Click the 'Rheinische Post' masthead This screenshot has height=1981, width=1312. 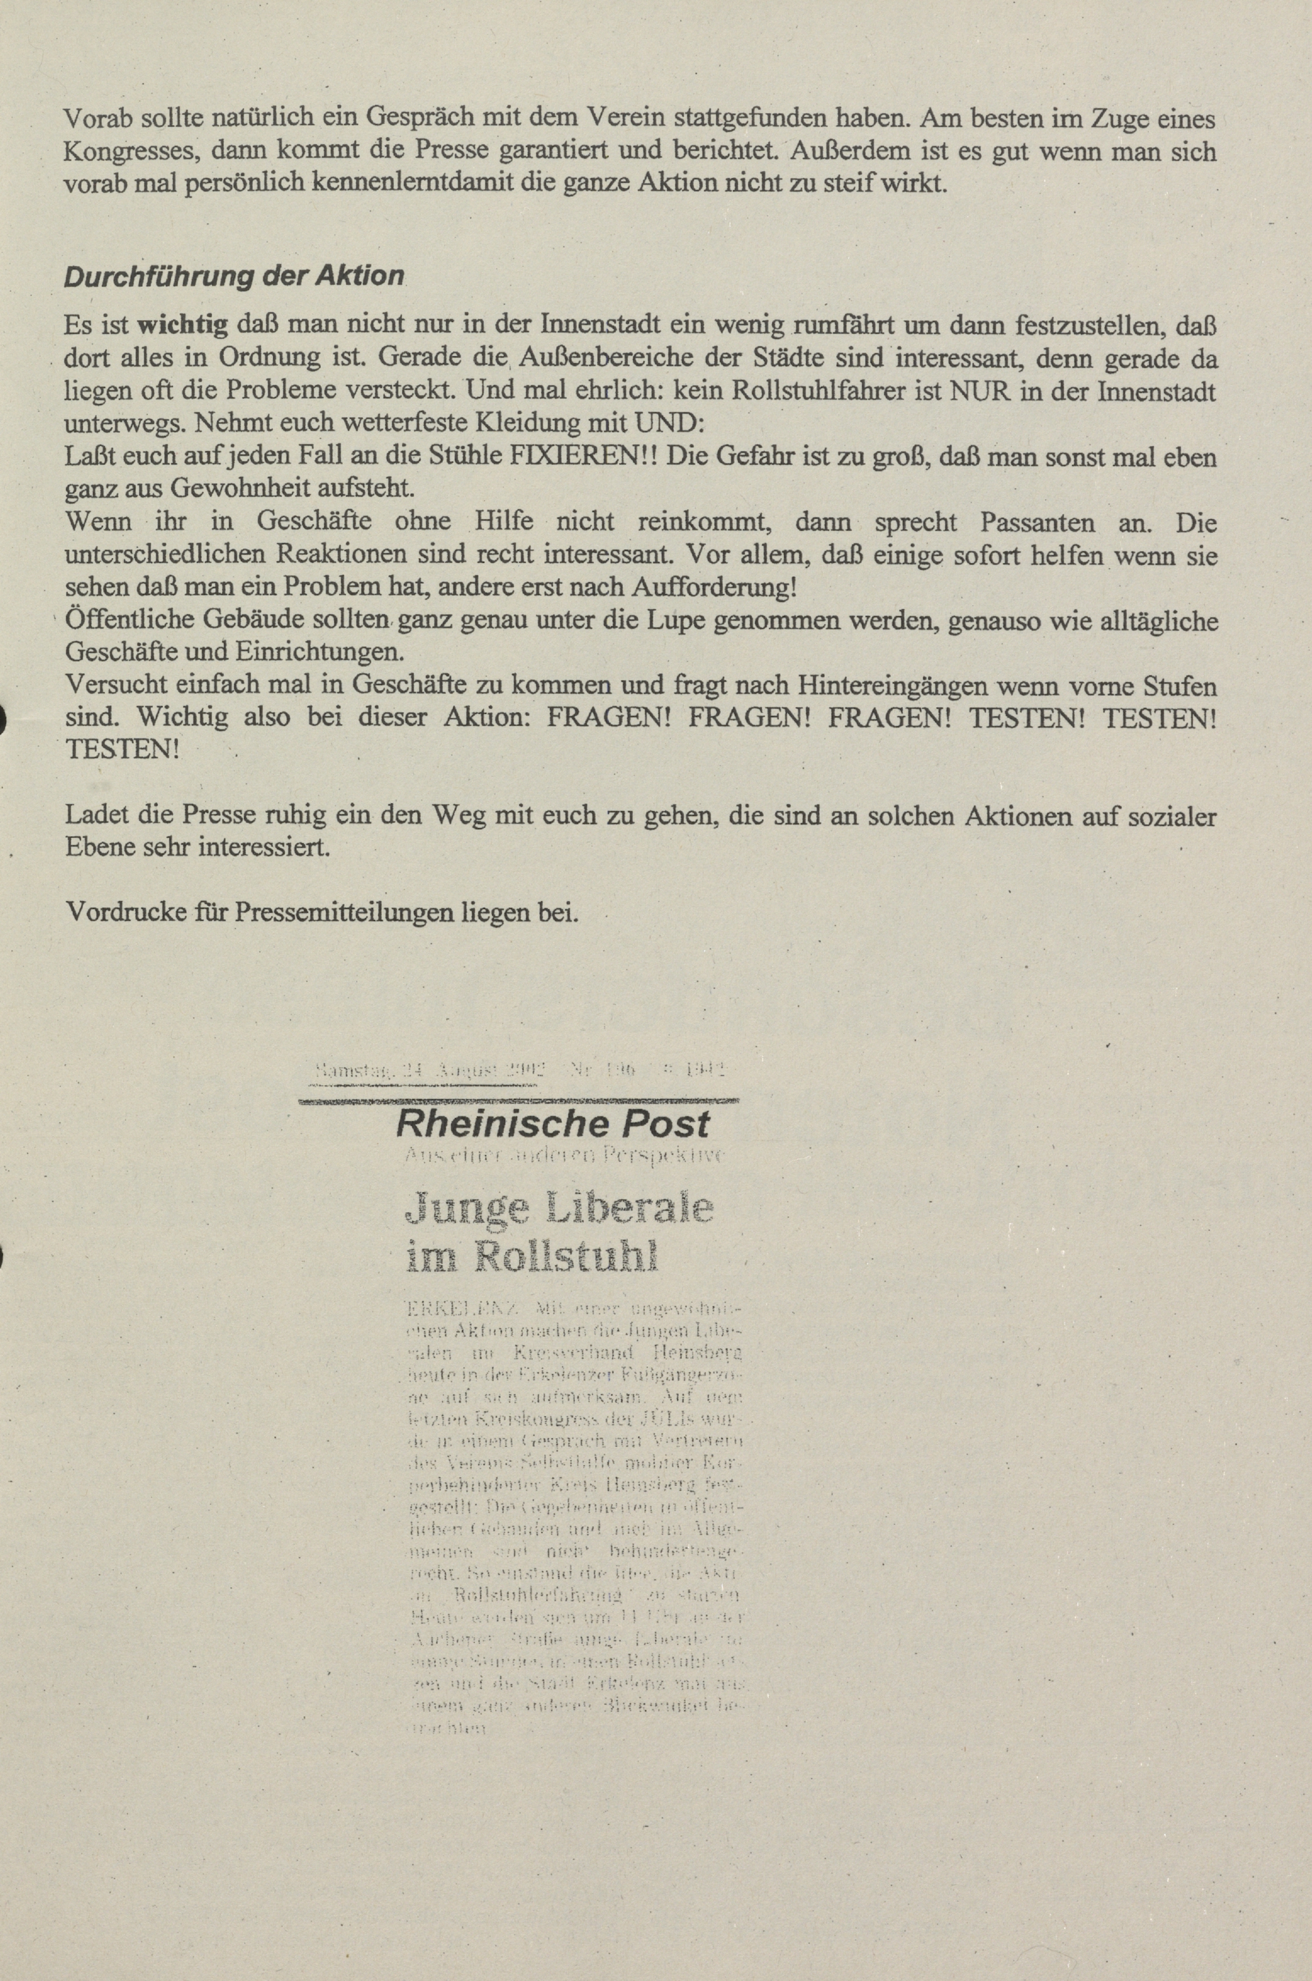tap(553, 1123)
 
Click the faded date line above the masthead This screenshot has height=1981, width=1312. tap(519, 1069)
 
